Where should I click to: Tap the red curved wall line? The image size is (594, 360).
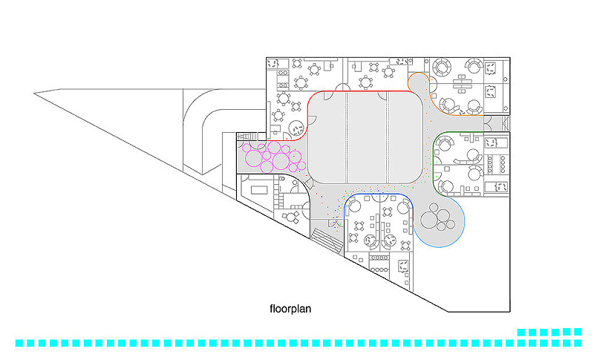364,91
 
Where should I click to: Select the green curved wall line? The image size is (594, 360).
446,134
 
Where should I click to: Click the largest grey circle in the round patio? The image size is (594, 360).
430,220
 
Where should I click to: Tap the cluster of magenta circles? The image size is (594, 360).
271,157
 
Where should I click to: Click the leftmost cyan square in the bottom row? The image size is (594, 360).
20,343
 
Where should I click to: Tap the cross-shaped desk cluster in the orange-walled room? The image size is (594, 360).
470,82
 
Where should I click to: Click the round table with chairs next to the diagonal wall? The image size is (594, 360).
291,216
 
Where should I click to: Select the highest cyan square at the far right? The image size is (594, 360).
576,331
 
